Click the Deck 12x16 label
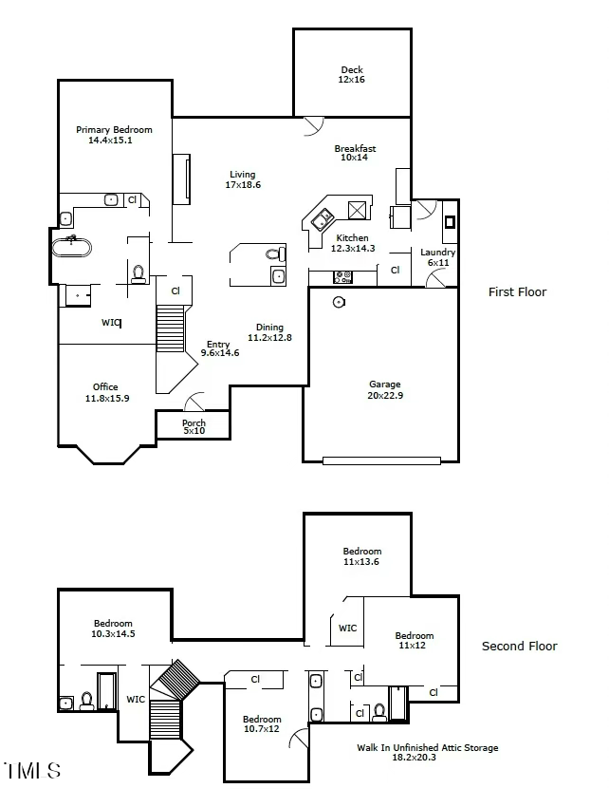click(352, 75)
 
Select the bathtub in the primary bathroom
click(72, 249)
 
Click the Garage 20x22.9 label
click(385, 390)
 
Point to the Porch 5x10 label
click(194, 427)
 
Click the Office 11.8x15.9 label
click(105, 392)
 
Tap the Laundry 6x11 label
click(438, 257)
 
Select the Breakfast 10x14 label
click(355, 153)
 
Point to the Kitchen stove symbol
click(343, 277)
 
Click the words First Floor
click(517, 292)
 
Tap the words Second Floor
click(519, 647)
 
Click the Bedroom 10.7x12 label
click(261, 724)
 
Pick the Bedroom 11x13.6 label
click(361, 556)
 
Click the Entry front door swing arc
click(195, 403)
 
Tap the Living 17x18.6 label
click(243, 179)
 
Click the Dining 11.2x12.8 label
click(269, 332)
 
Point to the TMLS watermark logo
click(33, 770)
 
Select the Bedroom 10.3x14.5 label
click(113, 629)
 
